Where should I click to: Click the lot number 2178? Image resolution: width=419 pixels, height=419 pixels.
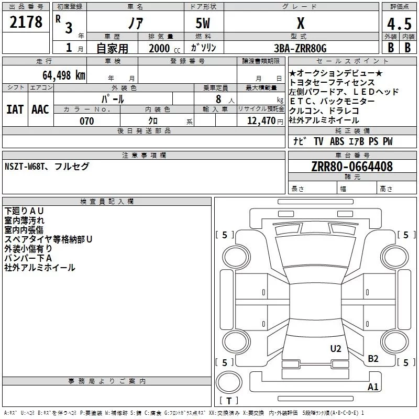[x=26, y=23]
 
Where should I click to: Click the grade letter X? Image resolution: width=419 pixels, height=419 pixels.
[x=300, y=24]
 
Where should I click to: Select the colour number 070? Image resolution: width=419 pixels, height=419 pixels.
[x=86, y=121]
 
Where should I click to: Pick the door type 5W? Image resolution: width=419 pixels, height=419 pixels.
[x=204, y=24]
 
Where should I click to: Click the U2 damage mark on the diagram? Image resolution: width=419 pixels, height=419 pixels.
[x=335, y=349]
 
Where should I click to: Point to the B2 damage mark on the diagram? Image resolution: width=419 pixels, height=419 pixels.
[x=373, y=359]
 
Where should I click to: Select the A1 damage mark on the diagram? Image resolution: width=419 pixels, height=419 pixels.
[x=373, y=387]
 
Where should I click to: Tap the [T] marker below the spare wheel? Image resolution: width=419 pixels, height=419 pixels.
[x=229, y=401]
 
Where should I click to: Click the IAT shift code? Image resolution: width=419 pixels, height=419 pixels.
[x=15, y=109]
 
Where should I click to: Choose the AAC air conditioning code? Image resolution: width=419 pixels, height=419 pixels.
[x=40, y=109]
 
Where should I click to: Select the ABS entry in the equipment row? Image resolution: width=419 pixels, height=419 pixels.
[x=337, y=141]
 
